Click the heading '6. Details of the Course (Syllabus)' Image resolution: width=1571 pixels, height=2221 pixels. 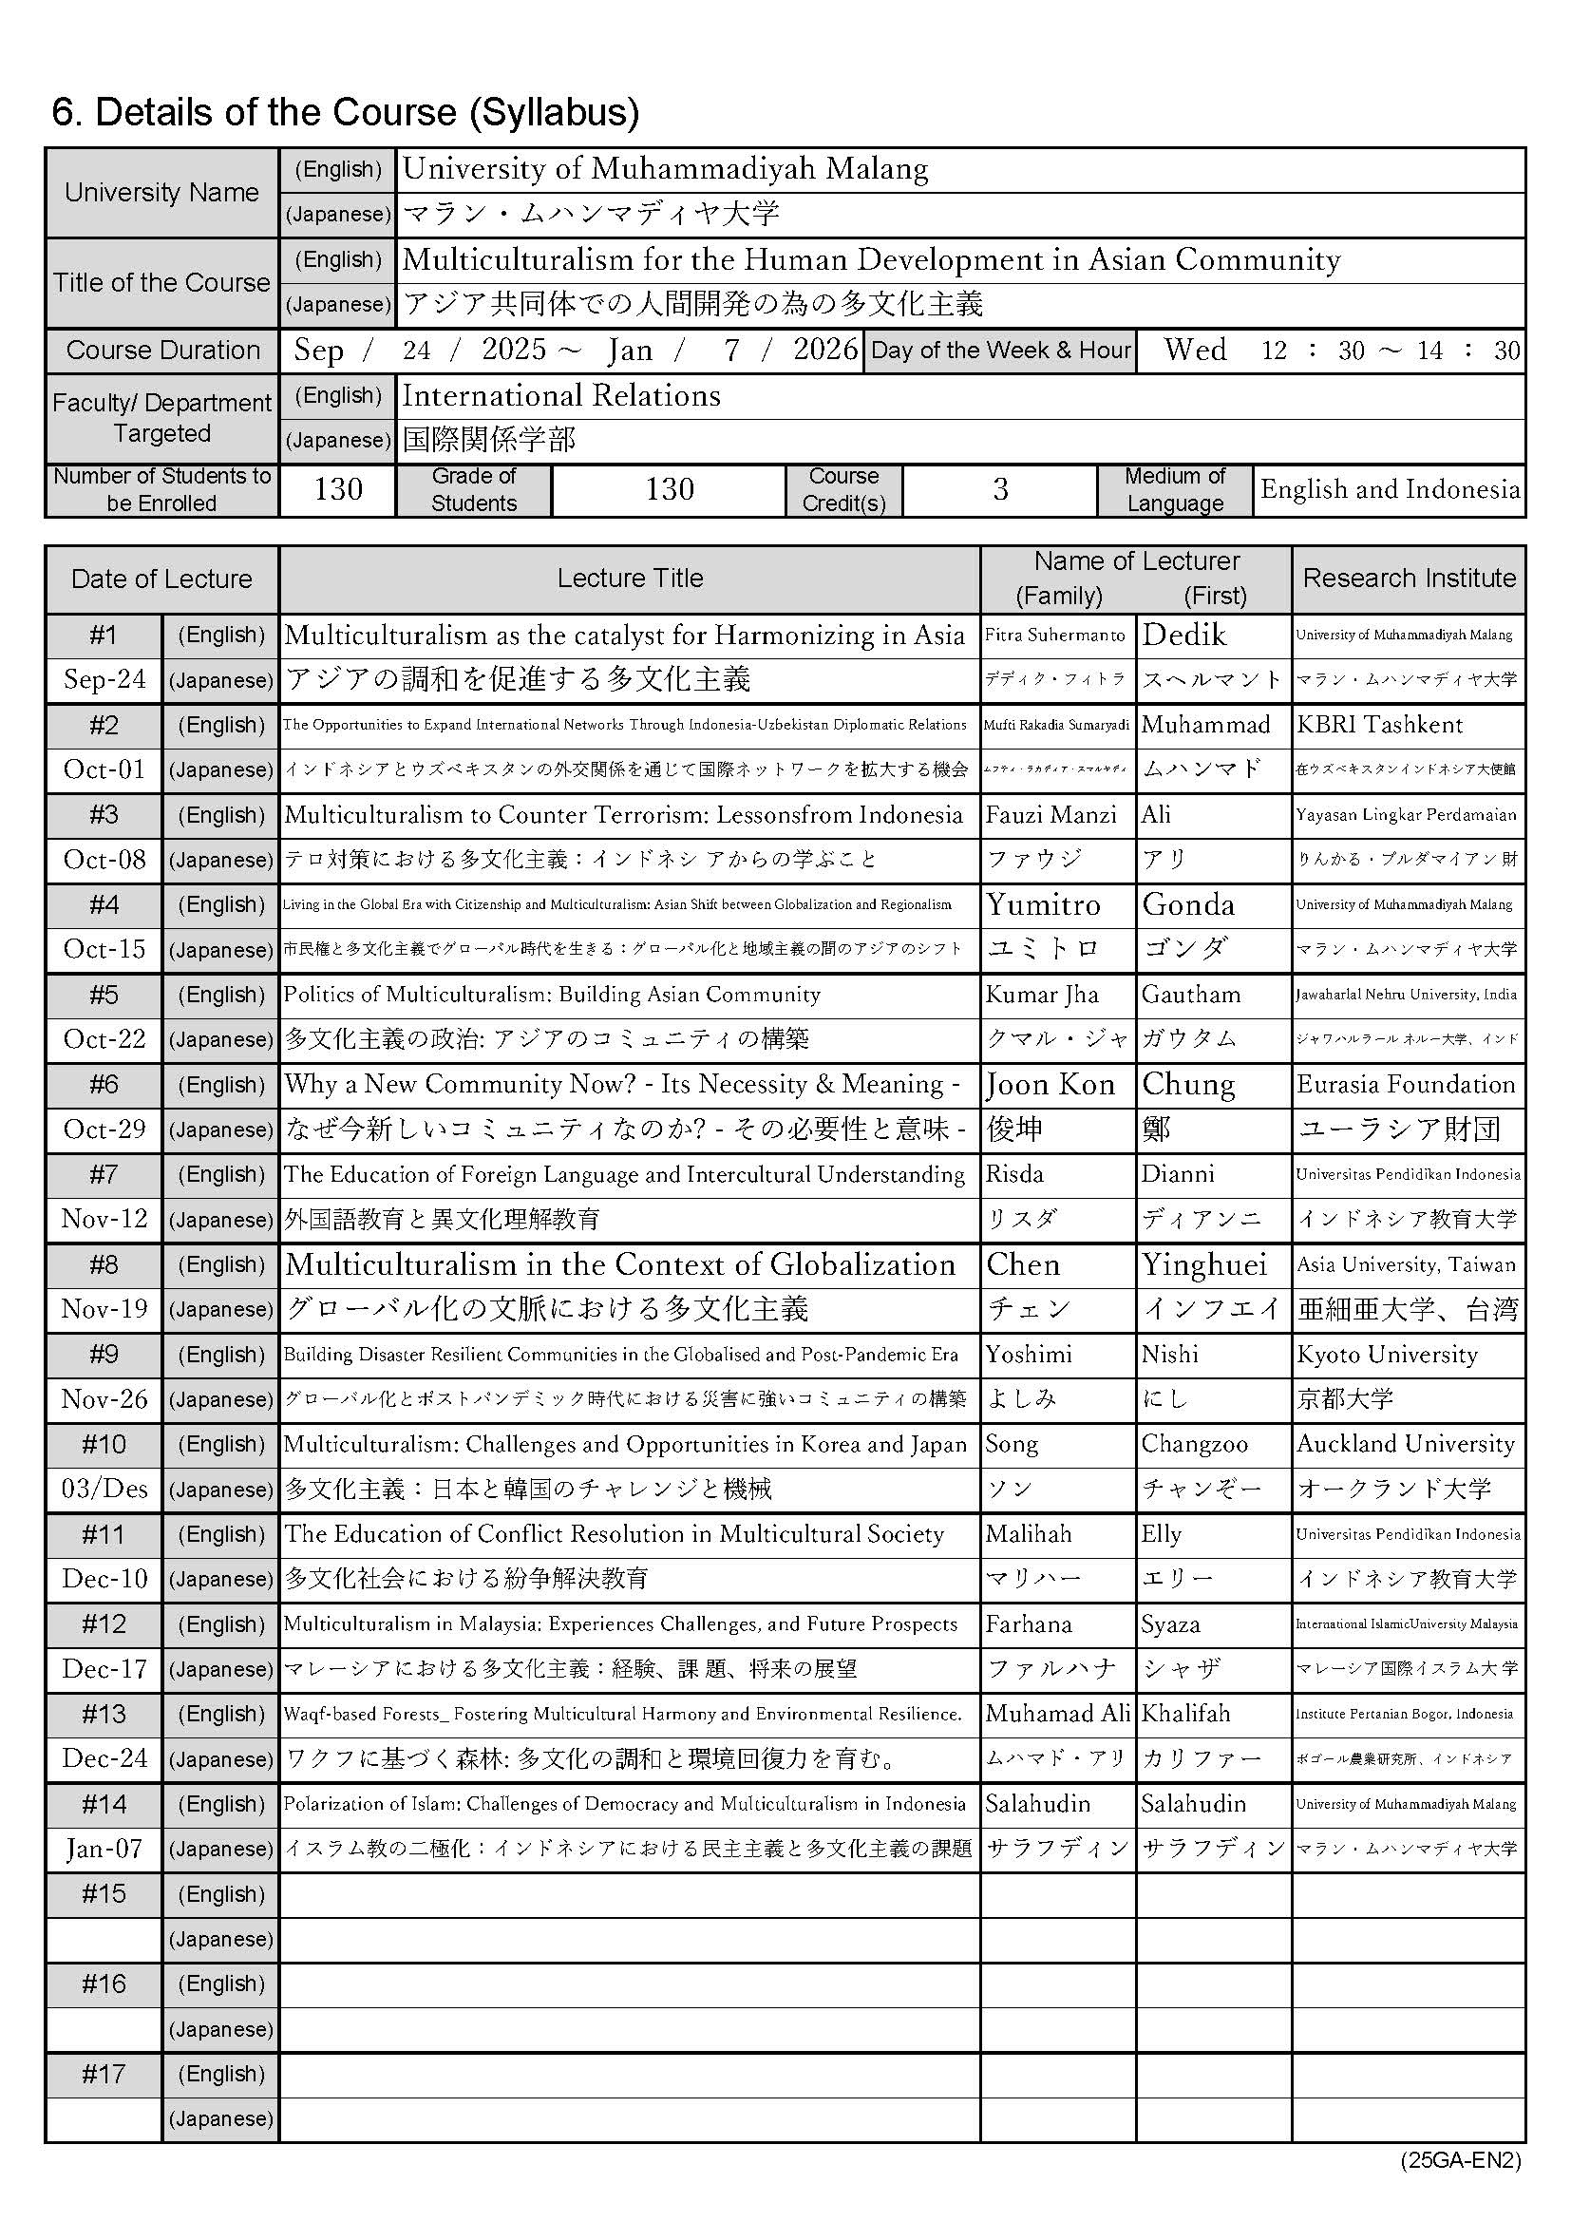[x=346, y=113]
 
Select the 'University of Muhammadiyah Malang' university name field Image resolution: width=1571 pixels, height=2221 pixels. [x=666, y=169]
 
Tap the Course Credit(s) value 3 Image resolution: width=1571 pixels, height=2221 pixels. [x=1000, y=489]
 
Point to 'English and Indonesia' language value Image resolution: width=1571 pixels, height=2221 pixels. [x=1390, y=489]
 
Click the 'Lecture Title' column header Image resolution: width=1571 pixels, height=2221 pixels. [x=630, y=579]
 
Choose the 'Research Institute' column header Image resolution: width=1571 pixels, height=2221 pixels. [x=1409, y=579]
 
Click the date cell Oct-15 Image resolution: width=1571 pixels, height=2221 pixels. [x=104, y=949]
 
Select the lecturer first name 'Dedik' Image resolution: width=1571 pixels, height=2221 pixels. [x=1184, y=636]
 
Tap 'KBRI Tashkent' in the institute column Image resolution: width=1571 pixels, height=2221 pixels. [x=1379, y=725]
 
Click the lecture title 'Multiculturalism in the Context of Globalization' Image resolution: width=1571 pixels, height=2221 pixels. [x=620, y=1264]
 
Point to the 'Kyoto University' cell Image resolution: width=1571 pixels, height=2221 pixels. [x=1387, y=1355]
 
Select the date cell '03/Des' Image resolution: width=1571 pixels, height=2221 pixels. [x=104, y=1489]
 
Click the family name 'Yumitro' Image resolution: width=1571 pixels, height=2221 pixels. [x=1043, y=904]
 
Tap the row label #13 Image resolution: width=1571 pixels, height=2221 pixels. [x=104, y=1713]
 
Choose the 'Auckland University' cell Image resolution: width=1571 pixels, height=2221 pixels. [x=1406, y=1444]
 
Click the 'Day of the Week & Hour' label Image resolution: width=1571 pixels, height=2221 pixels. [x=1000, y=351]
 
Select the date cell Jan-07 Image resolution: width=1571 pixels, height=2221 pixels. [x=104, y=1849]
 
